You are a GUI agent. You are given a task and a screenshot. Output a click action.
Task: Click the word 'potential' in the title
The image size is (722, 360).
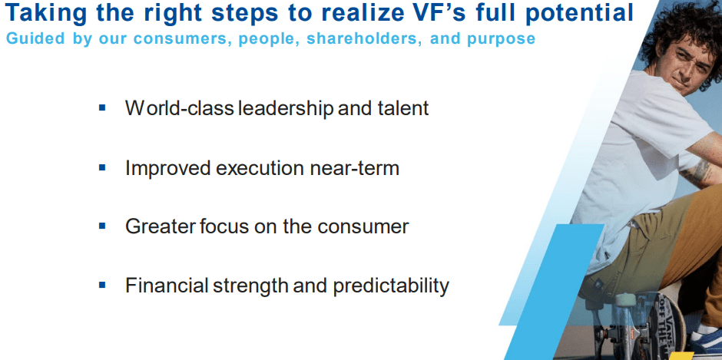580,13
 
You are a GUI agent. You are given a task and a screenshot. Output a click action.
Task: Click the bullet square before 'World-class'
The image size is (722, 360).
102,108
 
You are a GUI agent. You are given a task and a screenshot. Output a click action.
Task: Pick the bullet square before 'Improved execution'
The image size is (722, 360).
102,167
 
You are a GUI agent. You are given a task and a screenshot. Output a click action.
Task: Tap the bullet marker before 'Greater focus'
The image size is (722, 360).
102,226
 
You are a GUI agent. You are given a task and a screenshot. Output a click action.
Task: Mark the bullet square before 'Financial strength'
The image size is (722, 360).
102,286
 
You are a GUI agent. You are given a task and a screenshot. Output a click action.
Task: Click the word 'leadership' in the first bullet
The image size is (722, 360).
286,109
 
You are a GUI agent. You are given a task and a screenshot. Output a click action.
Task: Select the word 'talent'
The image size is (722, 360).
402,108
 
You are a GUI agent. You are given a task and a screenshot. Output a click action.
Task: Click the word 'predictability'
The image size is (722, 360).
391,286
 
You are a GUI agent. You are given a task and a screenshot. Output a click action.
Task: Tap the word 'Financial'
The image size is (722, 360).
167,286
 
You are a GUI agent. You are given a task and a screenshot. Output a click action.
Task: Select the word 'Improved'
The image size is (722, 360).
168,169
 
